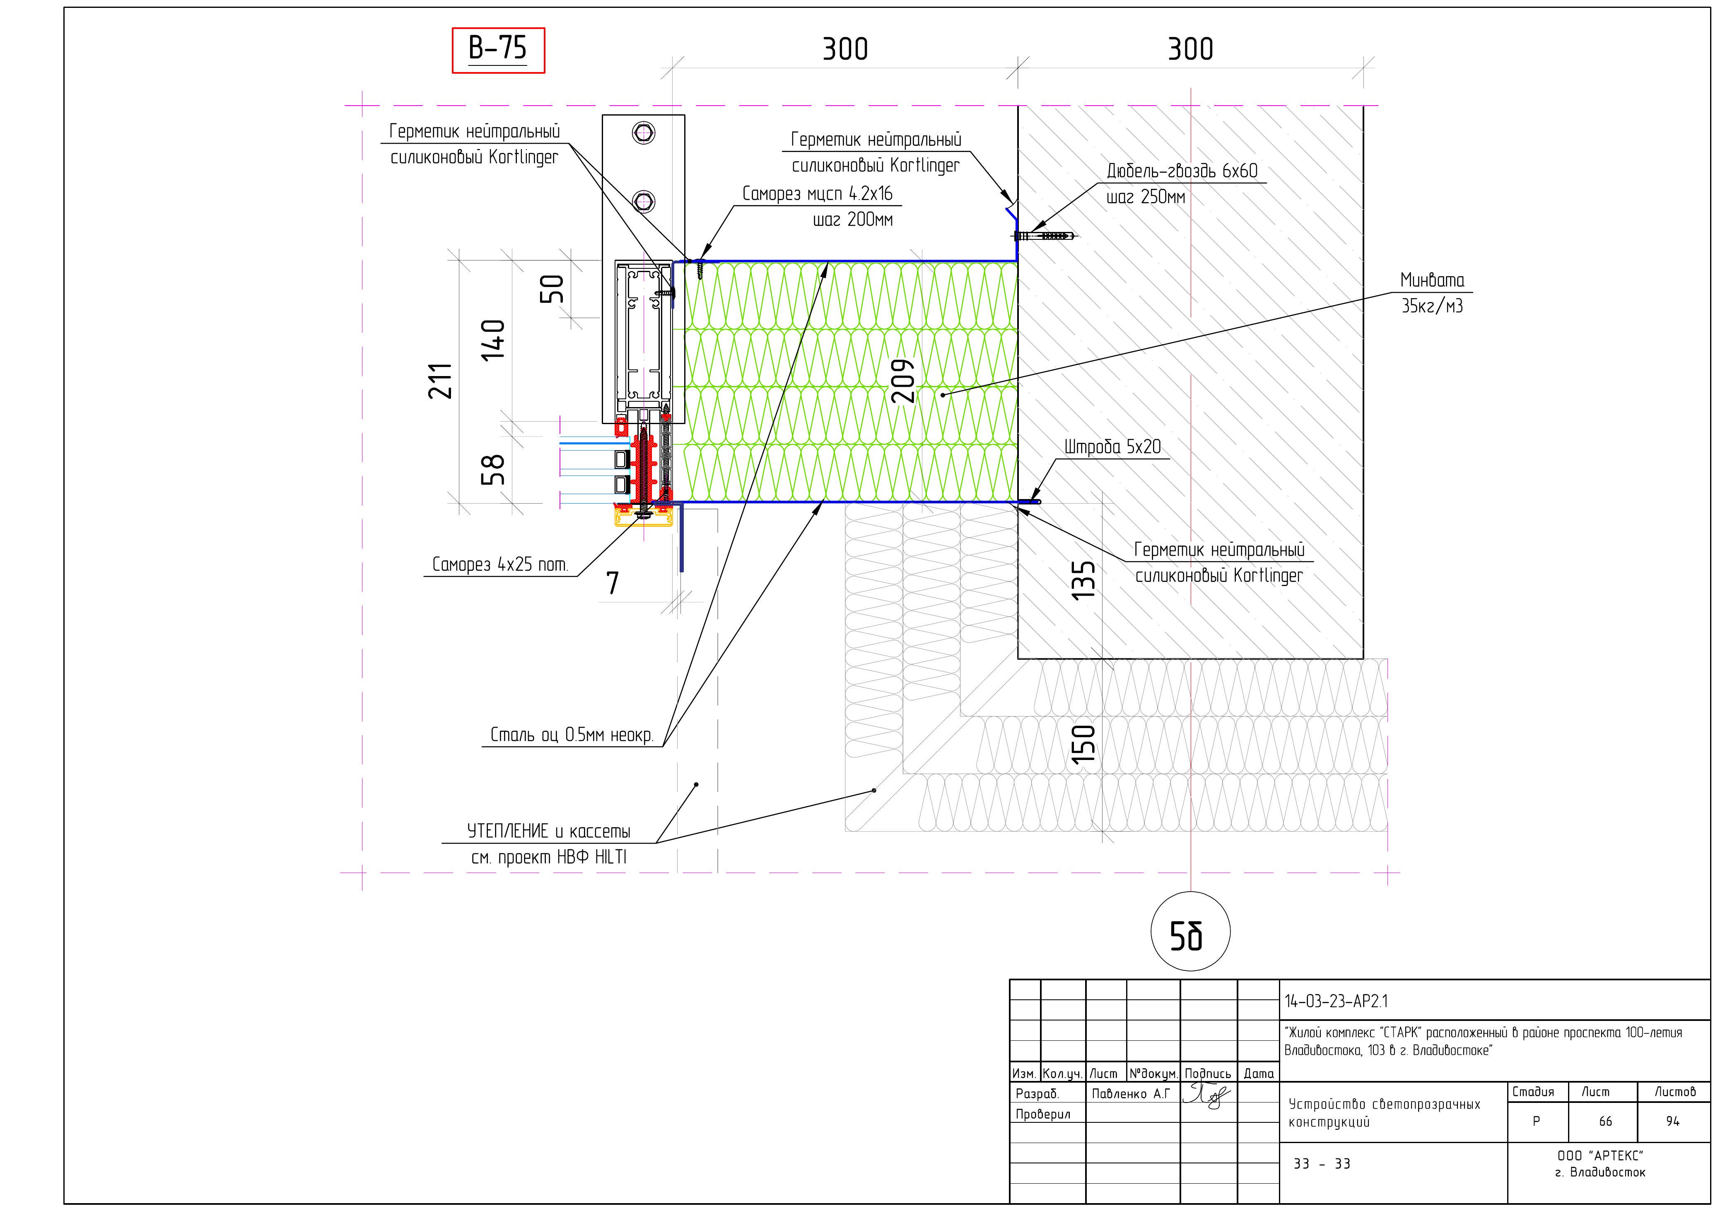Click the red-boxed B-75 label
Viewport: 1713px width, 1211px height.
pyautogui.click(x=498, y=50)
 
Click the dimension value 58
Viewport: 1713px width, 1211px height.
pyautogui.click(x=493, y=470)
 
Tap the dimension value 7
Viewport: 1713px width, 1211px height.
pyautogui.click(x=613, y=583)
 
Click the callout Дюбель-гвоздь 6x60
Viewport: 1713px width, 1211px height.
pyautogui.click(x=1182, y=171)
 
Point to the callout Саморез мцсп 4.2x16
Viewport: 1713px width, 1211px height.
pyautogui.click(x=817, y=194)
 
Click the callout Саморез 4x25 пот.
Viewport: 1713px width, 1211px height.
pyautogui.click(x=500, y=565)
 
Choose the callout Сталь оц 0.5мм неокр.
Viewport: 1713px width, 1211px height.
pyautogui.click(x=572, y=735)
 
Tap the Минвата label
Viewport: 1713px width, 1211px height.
pyautogui.click(x=1432, y=280)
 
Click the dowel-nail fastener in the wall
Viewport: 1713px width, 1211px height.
pyautogui.click(x=1045, y=236)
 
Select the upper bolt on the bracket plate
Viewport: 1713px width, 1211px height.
pyautogui.click(x=643, y=133)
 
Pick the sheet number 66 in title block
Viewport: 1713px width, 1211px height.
pyautogui.click(x=1605, y=1122)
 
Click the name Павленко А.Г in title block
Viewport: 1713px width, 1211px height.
pyautogui.click(x=1130, y=1094)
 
